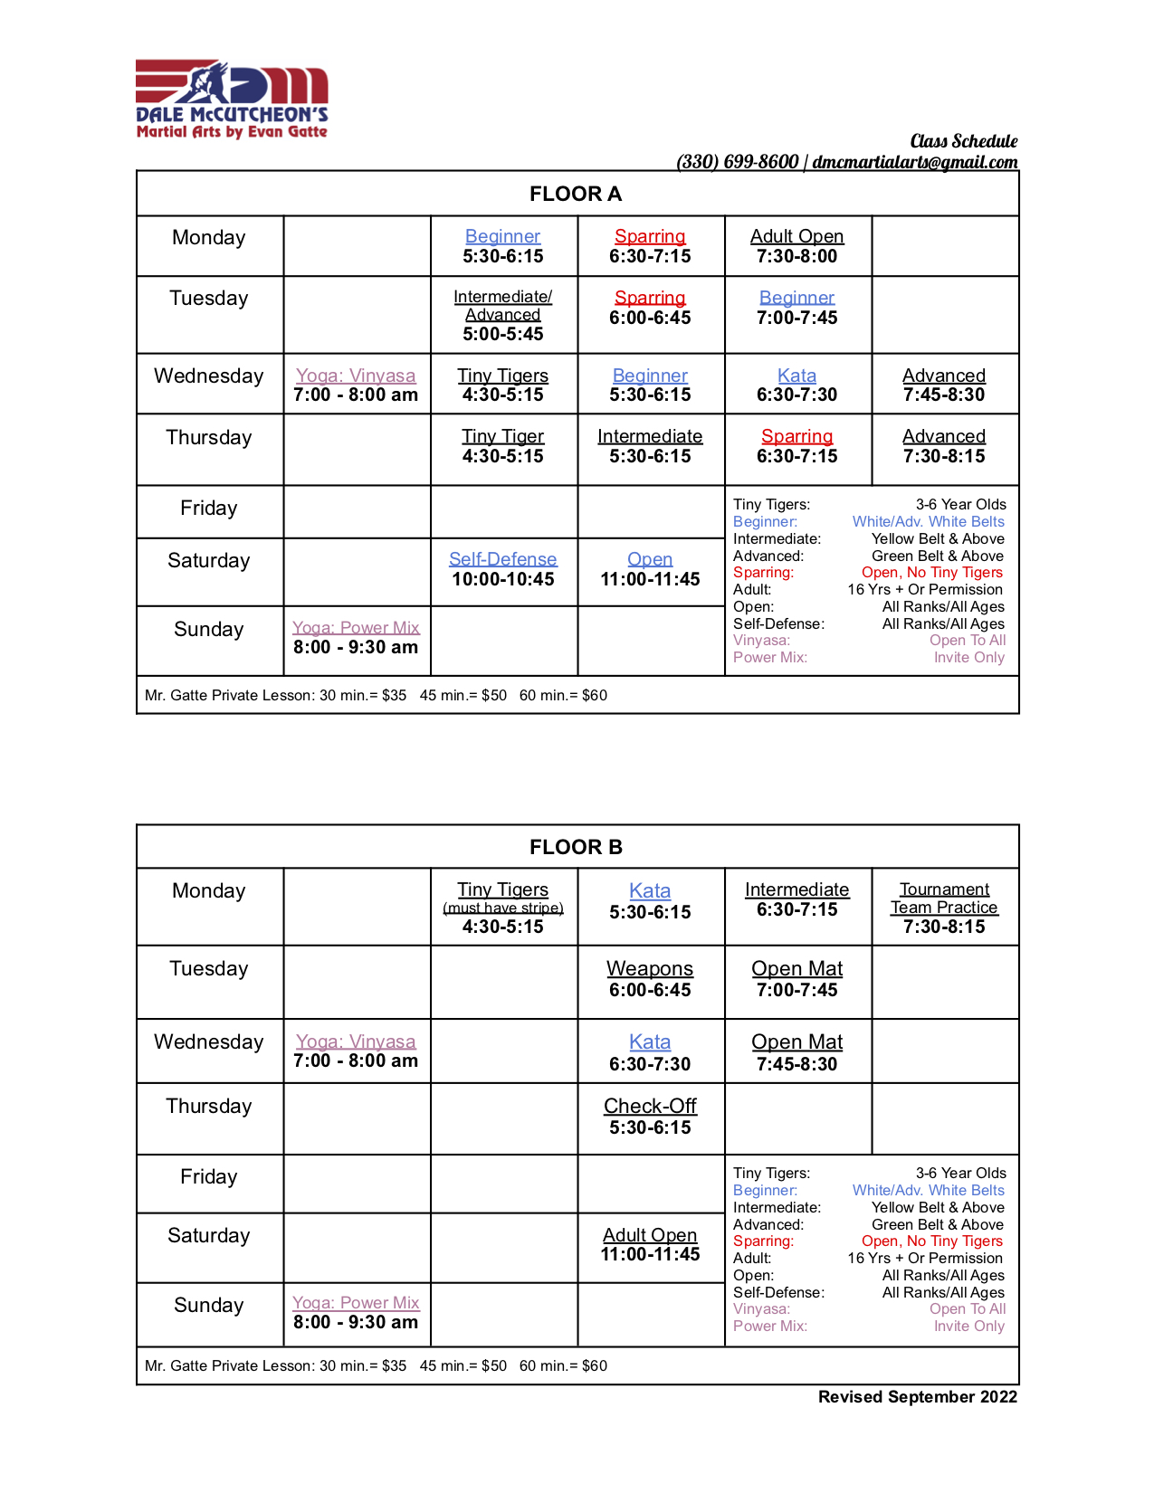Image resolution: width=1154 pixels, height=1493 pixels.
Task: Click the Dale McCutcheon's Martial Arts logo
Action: click(232, 100)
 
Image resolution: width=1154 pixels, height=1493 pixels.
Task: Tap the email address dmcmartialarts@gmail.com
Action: click(914, 162)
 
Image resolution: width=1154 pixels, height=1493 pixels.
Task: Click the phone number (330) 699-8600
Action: click(738, 162)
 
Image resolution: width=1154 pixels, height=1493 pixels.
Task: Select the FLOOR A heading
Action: click(576, 194)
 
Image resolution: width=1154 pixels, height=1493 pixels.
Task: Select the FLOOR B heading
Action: click(576, 847)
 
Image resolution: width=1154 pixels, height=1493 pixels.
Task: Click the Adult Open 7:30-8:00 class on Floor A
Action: click(796, 246)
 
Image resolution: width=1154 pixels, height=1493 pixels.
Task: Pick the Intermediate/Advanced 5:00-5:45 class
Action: click(503, 315)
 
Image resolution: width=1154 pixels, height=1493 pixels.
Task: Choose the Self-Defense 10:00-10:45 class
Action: click(503, 569)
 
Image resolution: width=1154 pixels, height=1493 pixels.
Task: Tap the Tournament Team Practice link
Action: click(944, 899)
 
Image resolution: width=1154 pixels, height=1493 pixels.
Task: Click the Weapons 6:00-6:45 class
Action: click(650, 979)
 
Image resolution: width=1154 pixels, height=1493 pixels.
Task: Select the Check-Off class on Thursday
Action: click(650, 1117)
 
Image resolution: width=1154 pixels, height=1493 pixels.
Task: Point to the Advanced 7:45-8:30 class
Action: click(944, 385)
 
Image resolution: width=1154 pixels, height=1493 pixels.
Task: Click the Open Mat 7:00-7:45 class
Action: click(796, 979)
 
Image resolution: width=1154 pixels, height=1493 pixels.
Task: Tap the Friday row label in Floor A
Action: click(209, 509)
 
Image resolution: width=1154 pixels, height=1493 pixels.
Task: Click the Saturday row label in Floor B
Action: click(209, 1236)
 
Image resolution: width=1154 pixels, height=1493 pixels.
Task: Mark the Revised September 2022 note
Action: click(918, 1397)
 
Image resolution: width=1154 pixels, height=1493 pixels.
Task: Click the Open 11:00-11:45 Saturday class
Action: click(650, 569)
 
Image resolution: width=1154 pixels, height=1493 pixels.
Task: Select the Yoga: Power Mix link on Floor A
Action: click(356, 628)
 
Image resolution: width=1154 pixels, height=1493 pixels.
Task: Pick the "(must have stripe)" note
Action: click(503, 908)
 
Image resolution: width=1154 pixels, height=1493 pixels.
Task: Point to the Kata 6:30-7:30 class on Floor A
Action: click(796, 385)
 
